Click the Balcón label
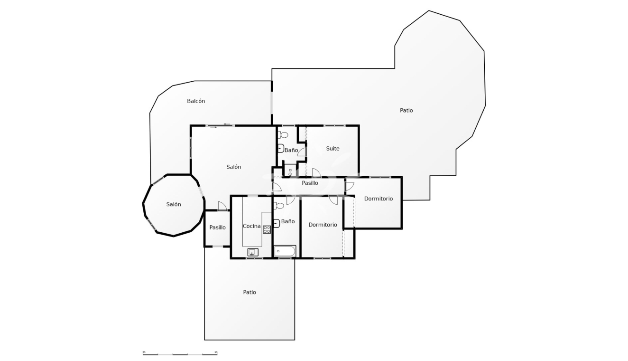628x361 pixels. click(196, 101)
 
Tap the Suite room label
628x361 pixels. click(332, 149)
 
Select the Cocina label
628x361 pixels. click(251, 226)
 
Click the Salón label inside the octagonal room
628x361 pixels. click(174, 204)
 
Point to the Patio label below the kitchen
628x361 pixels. click(249, 292)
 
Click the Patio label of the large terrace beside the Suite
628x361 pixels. click(406, 111)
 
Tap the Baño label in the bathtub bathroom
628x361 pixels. click(288, 221)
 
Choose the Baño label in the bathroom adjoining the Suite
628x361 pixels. click(291, 150)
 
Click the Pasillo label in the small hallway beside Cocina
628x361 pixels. click(217, 228)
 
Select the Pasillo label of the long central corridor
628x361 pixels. click(310, 183)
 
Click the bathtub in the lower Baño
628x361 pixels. click(285, 251)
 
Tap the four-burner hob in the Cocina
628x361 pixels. click(267, 229)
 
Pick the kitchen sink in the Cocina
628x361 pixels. click(253, 252)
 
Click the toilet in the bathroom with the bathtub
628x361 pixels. click(279, 206)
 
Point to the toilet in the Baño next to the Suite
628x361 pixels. click(283, 135)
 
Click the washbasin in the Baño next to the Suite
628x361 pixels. click(281, 148)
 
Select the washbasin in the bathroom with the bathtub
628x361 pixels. click(277, 223)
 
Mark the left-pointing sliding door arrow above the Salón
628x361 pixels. click(227, 124)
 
